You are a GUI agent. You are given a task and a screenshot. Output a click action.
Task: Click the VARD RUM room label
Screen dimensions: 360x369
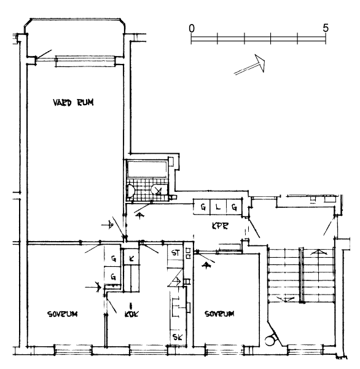point(73,102)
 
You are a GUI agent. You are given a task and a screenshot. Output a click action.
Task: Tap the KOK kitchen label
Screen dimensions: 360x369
point(131,314)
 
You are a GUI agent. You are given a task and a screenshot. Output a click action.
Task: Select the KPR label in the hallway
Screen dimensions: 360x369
point(220,226)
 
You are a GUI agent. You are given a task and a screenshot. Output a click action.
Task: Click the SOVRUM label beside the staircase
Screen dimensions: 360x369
point(219,314)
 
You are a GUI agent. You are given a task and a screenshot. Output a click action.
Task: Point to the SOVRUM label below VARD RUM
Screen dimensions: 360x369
point(62,314)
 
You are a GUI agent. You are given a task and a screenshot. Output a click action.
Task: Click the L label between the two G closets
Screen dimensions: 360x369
point(218,207)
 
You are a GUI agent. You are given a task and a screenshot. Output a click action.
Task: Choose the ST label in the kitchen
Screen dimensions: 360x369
point(176,253)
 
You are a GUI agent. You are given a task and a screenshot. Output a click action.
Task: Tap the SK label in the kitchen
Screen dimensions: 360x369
point(178,337)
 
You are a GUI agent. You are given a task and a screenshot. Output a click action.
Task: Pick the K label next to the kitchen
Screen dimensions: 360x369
point(131,259)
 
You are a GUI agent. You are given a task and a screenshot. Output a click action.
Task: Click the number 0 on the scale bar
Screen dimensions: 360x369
point(192,28)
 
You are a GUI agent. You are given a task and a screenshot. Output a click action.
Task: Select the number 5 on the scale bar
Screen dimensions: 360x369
point(326,28)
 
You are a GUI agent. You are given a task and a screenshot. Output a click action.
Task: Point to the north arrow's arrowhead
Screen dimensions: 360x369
point(260,63)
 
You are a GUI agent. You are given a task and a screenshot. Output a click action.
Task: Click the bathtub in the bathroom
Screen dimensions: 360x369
point(147,169)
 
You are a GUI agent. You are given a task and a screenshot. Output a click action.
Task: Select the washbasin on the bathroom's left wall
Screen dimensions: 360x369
point(130,191)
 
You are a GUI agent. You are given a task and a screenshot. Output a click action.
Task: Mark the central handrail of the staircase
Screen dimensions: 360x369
point(302,276)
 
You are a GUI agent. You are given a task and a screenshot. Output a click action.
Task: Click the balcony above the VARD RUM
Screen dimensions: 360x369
point(75,38)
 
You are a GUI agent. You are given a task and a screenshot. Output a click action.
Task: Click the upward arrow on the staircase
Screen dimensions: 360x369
point(319,253)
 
